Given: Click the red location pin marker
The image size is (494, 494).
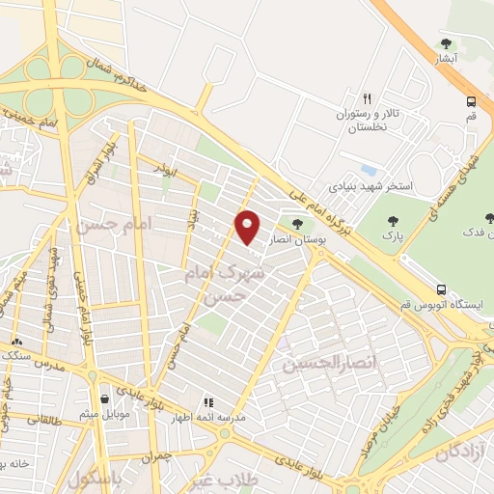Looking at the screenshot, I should pos(248,227).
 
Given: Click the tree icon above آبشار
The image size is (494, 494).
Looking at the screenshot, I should pos(446,42).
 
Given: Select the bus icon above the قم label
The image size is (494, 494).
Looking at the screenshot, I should pos(471,100).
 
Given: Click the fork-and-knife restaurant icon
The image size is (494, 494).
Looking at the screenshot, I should pos(367,98).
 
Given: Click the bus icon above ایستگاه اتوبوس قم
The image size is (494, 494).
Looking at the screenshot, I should pos(441,289).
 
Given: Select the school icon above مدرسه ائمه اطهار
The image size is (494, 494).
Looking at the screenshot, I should pos(206,401).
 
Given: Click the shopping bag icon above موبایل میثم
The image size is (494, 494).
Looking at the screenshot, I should pos(105,398).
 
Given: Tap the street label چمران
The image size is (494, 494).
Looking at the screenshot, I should pos(154,455).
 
